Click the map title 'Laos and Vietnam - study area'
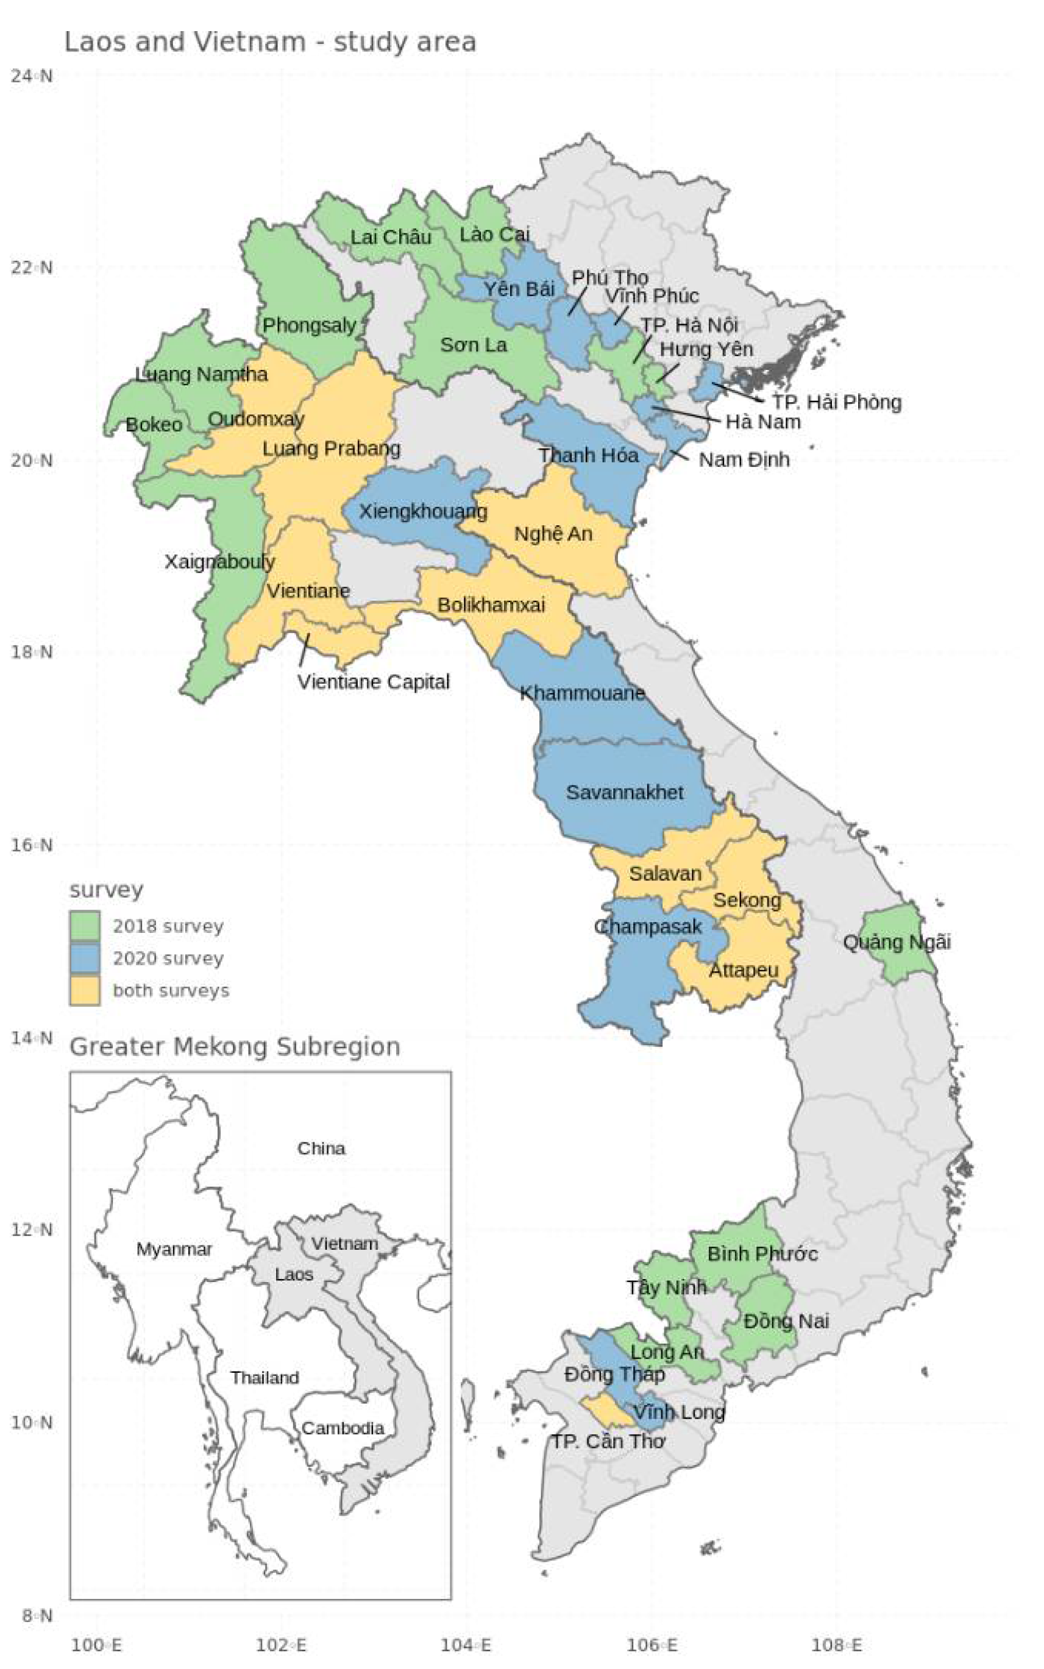(x=270, y=43)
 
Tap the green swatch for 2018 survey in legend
(x=85, y=926)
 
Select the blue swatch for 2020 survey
(x=85, y=958)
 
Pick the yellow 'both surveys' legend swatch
(x=85, y=991)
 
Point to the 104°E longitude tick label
(x=466, y=1645)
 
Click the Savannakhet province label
(x=624, y=792)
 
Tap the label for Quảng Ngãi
(x=897, y=942)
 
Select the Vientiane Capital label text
(x=374, y=682)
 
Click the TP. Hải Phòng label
(x=837, y=402)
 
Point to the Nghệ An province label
(x=553, y=534)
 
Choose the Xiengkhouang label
(x=422, y=511)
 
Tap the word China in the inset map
(x=321, y=1149)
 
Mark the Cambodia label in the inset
(x=343, y=1428)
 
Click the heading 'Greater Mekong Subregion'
(x=235, y=1046)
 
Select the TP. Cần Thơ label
(x=608, y=1442)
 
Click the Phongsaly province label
(x=310, y=325)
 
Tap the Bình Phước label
(x=762, y=1254)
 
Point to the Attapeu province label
(x=744, y=971)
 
